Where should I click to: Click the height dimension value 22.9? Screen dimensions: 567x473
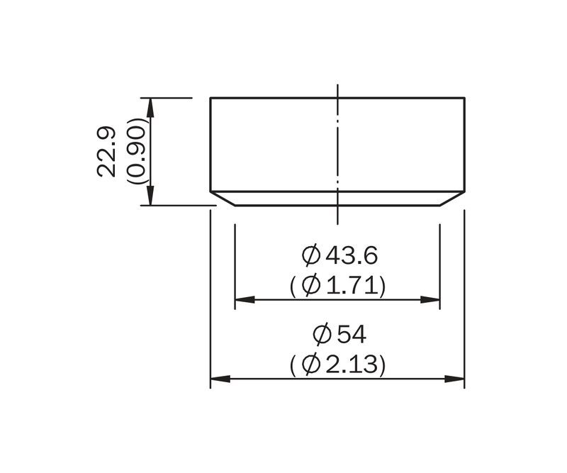[106, 152]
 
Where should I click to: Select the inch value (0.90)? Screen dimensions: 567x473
[136, 151]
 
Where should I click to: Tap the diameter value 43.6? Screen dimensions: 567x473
[352, 255]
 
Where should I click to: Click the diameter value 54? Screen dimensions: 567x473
[352, 334]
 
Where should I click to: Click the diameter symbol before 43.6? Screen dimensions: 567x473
[311, 255]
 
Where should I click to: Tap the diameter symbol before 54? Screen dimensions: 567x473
[322, 334]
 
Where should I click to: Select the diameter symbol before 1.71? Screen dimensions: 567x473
[311, 286]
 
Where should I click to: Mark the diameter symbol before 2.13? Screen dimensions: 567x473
[311, 364]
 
